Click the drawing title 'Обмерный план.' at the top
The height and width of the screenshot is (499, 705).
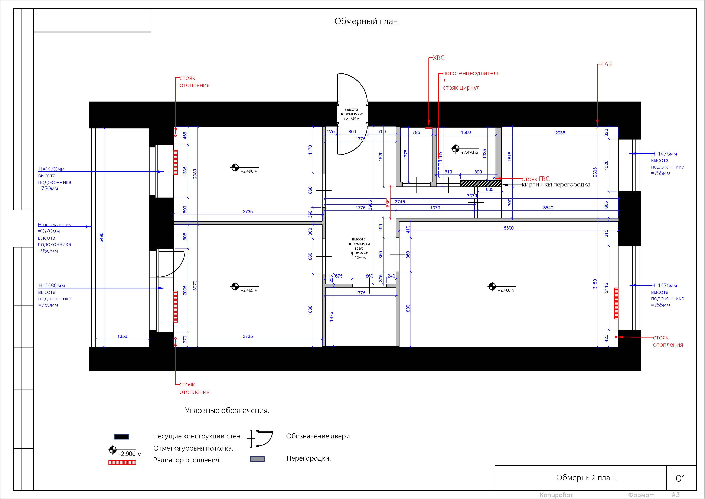pyautogui.click(x=367, y=22)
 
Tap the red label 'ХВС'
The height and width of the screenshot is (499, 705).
pyautogui.click(x=438, y=58)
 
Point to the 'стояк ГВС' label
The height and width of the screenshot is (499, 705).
pyautogui.click(x=536, y=179)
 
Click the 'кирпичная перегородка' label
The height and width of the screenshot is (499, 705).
pyautogui.click(x=556, y=185)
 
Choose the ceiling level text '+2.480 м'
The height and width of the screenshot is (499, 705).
pyautogui.click(x=506, y=290)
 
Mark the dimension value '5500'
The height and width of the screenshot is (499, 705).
pyautogui.click(x=509, y=228)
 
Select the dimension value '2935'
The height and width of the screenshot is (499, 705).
pyautogui.click(x=560, y=133)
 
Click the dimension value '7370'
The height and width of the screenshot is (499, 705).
pyautogui.click(x=472, y=196)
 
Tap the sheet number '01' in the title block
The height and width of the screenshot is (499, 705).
pyautogui.click(x=680, y=478)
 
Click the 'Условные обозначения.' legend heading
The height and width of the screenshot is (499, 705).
pyautogui.click(x=227, y=411)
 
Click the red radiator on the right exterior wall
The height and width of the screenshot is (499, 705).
pyautogui.click(x=616, y=303)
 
